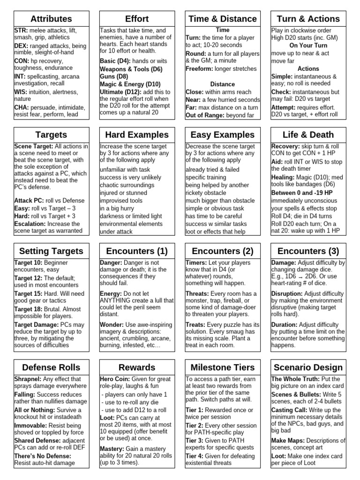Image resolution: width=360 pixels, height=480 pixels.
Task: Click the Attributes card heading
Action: click(51, 19)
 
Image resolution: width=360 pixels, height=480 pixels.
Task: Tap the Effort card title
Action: click(137, 19)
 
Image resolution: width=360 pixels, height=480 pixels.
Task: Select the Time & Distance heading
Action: click(223, 19)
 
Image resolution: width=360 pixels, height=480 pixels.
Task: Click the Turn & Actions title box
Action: click(308, 19)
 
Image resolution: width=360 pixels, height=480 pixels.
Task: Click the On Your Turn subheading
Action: click(308, 45)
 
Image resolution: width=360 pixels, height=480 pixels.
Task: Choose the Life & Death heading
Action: click(308, 135)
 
